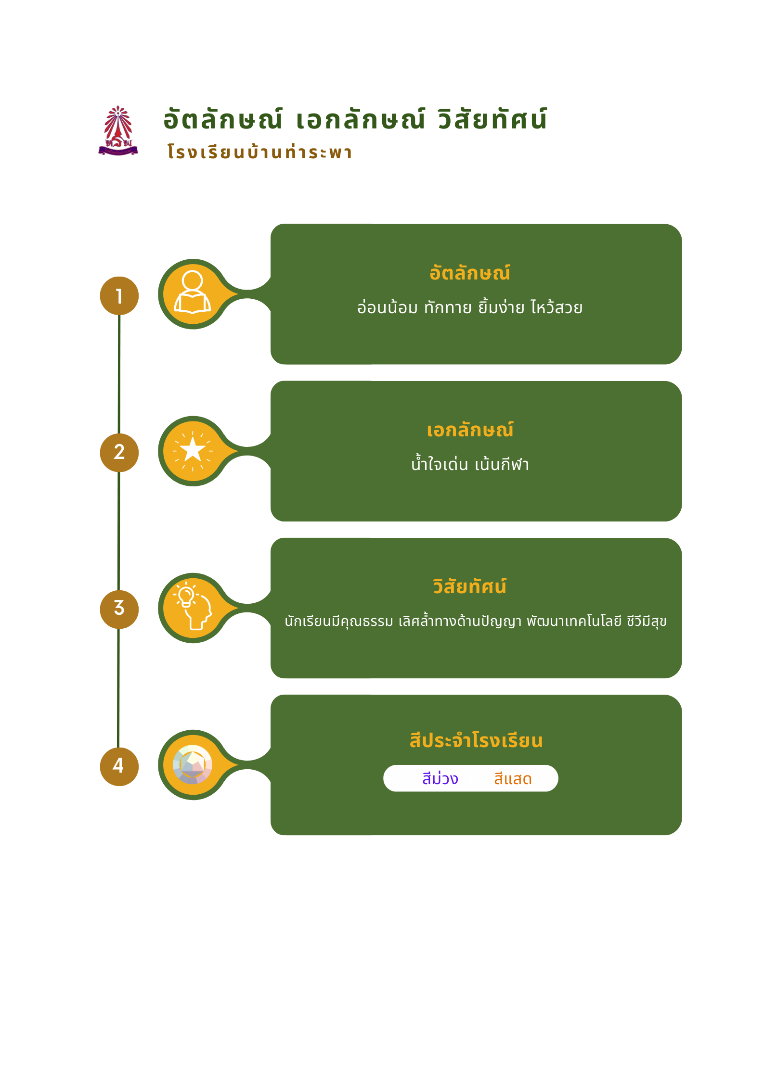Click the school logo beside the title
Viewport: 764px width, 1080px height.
pos(118,131)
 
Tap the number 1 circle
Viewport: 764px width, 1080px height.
pos(119,296)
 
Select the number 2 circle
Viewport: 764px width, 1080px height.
pos(119,452)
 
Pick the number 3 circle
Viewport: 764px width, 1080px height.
pos(119,609)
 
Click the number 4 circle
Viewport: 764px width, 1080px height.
pos(119,766)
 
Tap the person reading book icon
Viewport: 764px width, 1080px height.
pos(193,292)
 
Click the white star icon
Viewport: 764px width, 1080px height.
pos(193,451)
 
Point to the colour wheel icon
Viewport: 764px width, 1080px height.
pos(193,764)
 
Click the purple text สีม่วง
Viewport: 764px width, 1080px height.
pos(440,778)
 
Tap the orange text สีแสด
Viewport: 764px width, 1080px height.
pos(513,778)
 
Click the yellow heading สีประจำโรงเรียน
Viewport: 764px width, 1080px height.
pos(476,740)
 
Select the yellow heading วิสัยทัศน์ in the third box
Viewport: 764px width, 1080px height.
pos(469,586)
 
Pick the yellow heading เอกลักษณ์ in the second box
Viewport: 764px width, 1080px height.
pos(470,430)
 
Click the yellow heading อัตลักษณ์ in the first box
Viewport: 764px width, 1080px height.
pos(470,273)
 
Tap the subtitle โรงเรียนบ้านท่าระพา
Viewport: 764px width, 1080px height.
pos(260,152)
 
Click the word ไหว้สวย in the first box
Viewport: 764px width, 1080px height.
pos(557,307)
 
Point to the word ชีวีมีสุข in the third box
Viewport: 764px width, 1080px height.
pos(647,621)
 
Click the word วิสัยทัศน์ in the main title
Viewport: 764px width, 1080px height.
pos(492,119)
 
